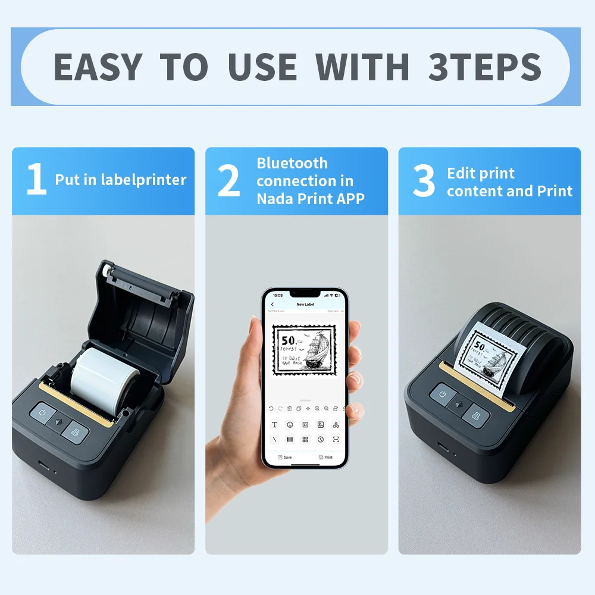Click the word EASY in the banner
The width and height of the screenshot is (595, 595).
point(98,66)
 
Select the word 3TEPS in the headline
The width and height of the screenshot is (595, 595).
point(484,66)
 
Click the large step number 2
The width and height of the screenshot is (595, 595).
point(229,181)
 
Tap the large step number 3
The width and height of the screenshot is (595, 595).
point(424,181)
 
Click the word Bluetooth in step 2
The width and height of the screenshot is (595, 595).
point(292,163)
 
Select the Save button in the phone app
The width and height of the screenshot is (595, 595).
point(284,457)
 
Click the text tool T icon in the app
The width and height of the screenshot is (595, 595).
point(274,425)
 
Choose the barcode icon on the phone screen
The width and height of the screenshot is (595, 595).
point(290,439)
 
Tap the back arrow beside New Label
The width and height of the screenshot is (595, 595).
point(273,304)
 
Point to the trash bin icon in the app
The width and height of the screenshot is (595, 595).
point(289,408)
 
